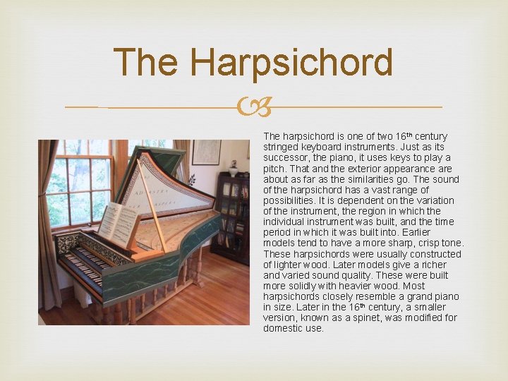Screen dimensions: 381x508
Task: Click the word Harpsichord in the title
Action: click(291, 63)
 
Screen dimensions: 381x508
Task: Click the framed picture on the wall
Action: click(206, 152)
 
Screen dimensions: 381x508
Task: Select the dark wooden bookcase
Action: click(233, 219)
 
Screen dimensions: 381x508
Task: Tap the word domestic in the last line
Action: click(282, 328)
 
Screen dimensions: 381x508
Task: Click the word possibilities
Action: click(289, 200)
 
